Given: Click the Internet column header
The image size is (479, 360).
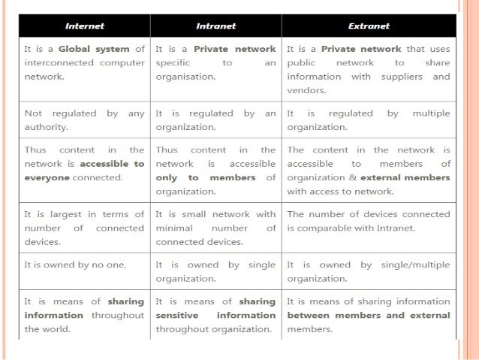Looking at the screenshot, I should pos(84,26).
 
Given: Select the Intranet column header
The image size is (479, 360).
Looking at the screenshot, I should pos(215,26).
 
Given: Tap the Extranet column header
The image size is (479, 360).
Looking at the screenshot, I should pos(369,26).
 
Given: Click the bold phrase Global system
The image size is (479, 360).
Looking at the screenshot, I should pos(95,49).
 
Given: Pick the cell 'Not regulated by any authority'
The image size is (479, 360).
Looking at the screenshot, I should pos(84,120).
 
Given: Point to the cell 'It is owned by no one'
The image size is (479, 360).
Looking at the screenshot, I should pos(75,265).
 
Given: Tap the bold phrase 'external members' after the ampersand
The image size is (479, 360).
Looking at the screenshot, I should pos(405,177).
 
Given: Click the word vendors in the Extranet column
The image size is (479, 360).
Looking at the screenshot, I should pos(306,89).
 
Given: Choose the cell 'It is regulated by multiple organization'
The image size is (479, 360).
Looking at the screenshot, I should pos(369,120).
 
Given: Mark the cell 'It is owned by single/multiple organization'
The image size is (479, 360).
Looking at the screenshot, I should pos(369,271).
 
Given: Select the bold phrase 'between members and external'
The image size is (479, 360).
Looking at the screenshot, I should pos(369,315).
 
